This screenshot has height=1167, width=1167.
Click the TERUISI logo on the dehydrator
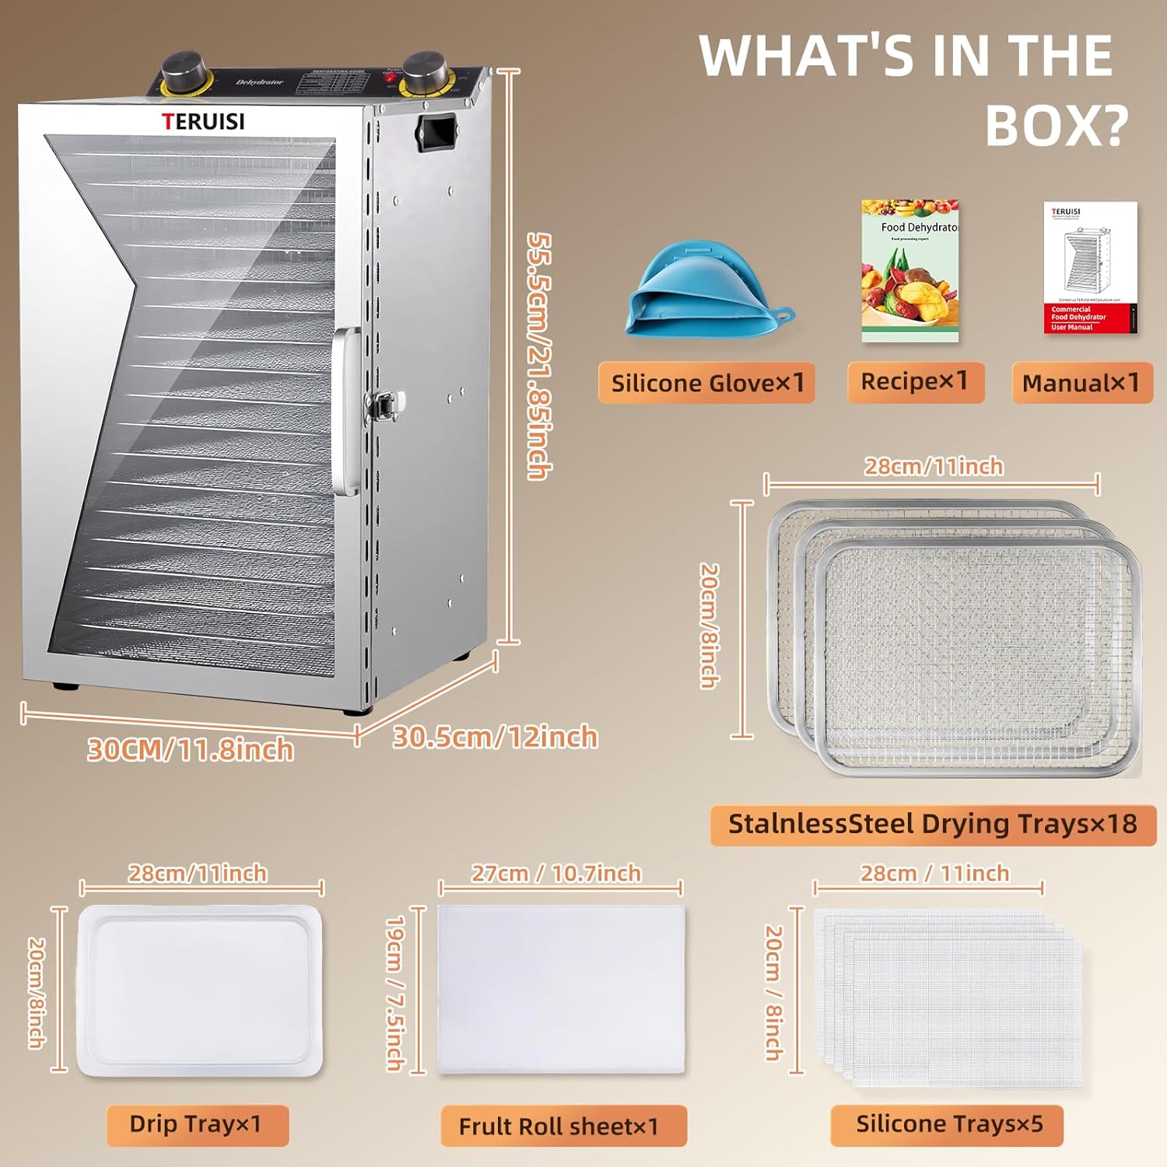[x=203, y=121]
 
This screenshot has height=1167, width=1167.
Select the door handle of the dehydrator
[x=345, y=412]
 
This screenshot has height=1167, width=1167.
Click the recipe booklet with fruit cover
[x=909, y=272]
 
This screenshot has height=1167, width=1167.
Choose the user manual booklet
[x=1090, y=268]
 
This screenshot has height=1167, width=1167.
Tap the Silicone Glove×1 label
[x=706, y=383]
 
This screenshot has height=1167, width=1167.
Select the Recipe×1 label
[x=915, y=382]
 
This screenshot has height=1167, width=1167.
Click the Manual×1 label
[x=1081, y=383]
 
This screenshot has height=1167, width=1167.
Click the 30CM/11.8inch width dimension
[x=191, y=750]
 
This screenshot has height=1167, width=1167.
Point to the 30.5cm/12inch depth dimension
[x=496, y=737]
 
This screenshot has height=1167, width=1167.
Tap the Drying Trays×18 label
[x=933, y=825]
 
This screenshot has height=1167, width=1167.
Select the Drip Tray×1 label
[x=197, y=1125]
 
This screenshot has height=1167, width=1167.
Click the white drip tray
[x=199, y=990]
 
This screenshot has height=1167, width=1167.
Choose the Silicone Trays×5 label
[x=948, y=1125]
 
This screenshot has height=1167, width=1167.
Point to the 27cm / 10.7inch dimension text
[x=556, y=874]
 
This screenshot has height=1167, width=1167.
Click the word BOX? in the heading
[x=1057, y=124]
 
